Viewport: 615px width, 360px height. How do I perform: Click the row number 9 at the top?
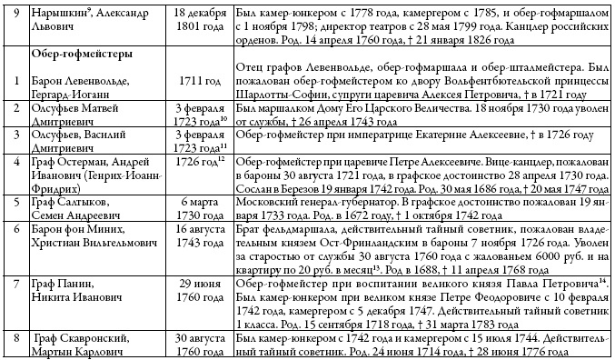tap(16, 10)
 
